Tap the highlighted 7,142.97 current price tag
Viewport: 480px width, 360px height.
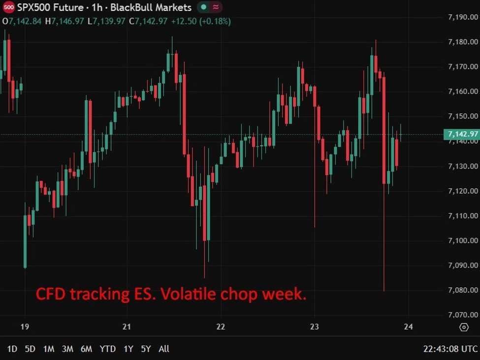coord(461,134)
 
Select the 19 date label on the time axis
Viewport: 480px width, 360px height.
coord(25,327)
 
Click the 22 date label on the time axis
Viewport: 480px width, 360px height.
coord(221,327)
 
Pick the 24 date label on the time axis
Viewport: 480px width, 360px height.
coord(408,327)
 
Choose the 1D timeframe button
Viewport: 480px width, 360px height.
coord(12,349)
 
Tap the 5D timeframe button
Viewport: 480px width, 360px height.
coord(30,349)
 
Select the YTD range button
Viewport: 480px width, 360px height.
coord(108,349)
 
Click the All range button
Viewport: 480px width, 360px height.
coord(164,349)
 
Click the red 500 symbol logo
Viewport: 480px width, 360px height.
coord(8,7)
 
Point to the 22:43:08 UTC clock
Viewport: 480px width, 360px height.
coord(450,349)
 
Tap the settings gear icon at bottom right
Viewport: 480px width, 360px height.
coord(464,328)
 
